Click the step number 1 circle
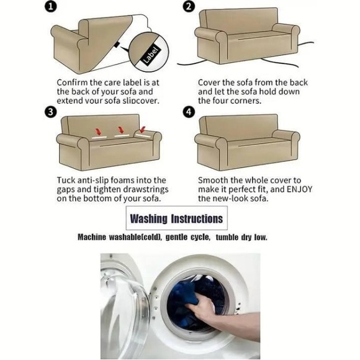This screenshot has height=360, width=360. click(x=50, y=6)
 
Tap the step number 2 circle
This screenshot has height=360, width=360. click(x=188, y=6)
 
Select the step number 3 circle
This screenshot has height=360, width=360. click(x=50, y=112)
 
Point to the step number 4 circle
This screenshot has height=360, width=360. click(x=189, y=112)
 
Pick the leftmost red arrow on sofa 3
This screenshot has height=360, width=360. click(x=98, y=132)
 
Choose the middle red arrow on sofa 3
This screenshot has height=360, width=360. click(x=121, y=130)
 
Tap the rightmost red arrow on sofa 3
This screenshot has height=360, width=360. click(x=143, y=129)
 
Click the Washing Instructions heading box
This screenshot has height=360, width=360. click(x=176, y=218)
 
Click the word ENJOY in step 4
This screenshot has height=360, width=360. click(x=300, y=189)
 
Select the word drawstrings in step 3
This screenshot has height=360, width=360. click(x=146, y=190)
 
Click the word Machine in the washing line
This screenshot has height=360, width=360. click(x=92, y=237)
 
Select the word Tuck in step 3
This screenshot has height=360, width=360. click(x=65, y=180)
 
